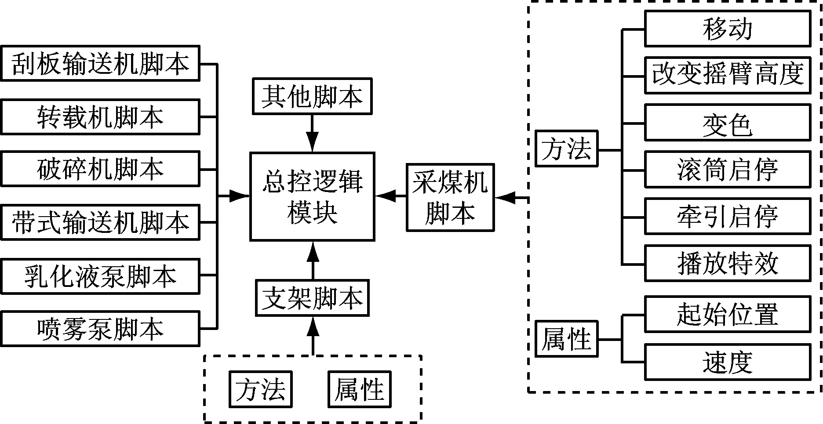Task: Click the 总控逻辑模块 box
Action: point(312,196)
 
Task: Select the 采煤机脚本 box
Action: point(450,197)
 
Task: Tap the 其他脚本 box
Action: point(312,96)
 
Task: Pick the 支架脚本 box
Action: point(312,298)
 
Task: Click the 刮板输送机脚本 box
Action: point(100,63)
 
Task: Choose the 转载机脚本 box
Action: point(100,116)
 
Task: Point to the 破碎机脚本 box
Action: point(100,169)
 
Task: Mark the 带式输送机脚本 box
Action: point(100,222)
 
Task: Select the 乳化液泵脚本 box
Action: point(100,276)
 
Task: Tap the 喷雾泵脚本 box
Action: point(100,329)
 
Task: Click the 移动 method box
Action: point(727,29)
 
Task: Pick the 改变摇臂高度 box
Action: point(727,75)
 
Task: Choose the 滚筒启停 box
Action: point(727,169)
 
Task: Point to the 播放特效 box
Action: point(727,263)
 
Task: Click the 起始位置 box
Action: point(727,314)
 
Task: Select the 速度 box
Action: point(727,362)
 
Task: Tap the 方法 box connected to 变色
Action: point(566,149)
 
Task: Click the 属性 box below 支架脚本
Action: point(359,389)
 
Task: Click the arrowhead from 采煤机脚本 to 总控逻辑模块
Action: point(386,196)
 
